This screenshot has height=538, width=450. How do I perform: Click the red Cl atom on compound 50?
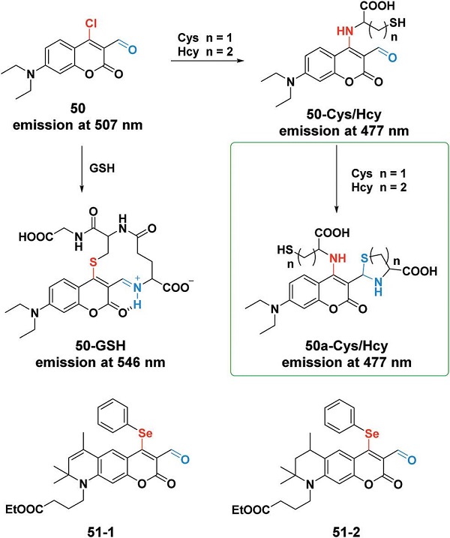coord(91,23)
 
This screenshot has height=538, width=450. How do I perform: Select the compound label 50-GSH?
coord(100,345)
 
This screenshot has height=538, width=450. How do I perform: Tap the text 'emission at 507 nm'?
coord(77,125)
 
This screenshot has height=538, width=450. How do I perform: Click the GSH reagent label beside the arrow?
coord(102,168)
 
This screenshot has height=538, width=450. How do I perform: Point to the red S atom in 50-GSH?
coord(93,263)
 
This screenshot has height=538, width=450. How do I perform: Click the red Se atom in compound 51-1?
coord(145,433)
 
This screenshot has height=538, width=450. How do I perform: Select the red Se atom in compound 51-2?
coord(372,434)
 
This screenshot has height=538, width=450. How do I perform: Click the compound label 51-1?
coord(100,532)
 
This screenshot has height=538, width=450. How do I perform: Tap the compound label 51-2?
coord(346,532)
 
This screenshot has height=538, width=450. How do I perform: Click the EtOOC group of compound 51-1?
coord(25,509)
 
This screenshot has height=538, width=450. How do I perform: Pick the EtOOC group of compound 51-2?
coord(251,509)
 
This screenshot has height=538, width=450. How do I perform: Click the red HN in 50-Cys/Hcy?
coord(345,32)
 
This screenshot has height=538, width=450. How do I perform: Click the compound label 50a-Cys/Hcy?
coord(346,346)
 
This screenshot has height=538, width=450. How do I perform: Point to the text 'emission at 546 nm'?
coord(100,362)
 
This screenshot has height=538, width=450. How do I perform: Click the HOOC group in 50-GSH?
coord(36,236)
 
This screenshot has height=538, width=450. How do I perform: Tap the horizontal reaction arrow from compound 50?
coord(207,61)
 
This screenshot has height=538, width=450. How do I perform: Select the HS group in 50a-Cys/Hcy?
coord(285,250)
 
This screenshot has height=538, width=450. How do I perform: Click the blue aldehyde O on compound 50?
coord(133,50)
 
